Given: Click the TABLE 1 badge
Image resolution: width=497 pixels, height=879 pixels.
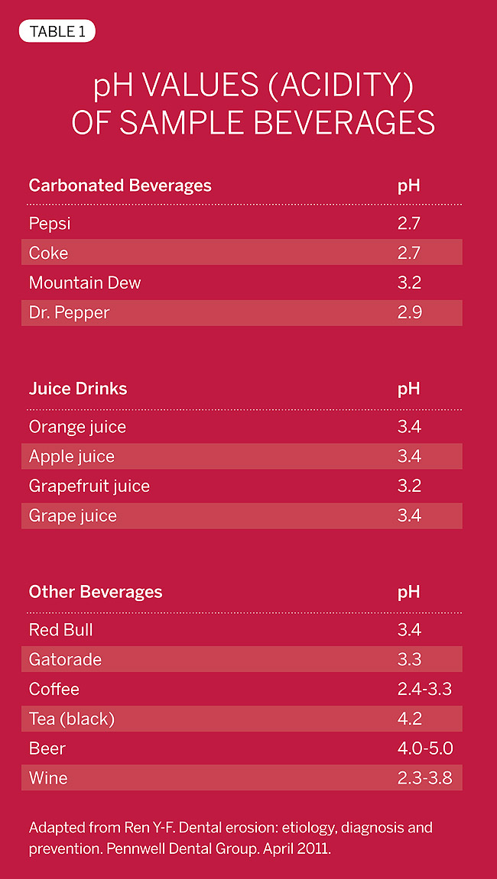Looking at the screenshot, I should (57, 31).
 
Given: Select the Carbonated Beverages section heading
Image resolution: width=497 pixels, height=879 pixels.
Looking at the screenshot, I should (120, 186).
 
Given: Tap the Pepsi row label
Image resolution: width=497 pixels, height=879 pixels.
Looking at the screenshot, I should (50, 224).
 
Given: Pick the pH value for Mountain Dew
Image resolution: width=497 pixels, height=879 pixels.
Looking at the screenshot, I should (409, 283).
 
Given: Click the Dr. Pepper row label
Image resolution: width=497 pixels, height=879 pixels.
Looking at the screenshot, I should (69, 312).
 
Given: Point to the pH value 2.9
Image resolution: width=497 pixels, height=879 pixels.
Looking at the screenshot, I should (409, 312).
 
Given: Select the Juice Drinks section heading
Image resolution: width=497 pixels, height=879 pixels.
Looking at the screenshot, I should (78, 389).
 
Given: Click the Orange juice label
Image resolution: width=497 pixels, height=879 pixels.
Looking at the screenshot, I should (77, 427).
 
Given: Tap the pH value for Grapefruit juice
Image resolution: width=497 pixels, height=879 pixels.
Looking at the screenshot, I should (409, 486).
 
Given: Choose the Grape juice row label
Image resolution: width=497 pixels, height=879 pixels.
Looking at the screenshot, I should (73, 515).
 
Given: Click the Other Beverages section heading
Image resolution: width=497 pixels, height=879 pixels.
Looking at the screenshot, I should (96, 592).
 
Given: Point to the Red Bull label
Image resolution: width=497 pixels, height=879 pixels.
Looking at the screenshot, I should (61, 630).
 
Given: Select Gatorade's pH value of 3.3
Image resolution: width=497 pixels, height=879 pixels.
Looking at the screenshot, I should (409, 660).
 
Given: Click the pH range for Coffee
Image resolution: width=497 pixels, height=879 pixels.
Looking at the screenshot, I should (424, 690).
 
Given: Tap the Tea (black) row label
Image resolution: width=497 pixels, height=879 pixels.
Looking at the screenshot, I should (72, 719).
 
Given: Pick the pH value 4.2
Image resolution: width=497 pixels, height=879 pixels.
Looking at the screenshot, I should (409, 719).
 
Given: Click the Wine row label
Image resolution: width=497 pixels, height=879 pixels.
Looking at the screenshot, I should (48, 779).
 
